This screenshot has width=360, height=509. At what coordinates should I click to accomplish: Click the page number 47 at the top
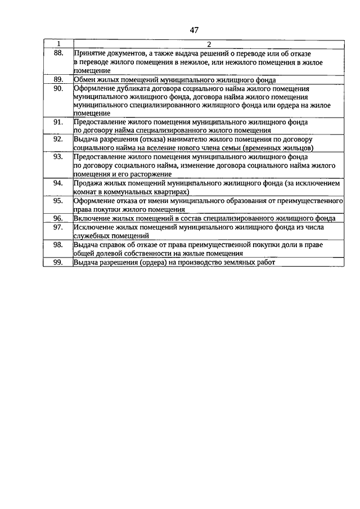(195, 30)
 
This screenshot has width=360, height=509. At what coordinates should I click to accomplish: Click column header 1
(58, 44)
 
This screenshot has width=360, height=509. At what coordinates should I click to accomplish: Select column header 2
(208, 44)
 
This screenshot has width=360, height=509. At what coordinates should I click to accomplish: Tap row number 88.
(58, 52)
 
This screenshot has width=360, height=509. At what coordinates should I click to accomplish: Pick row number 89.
(58, 80)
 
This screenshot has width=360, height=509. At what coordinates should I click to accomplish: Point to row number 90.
(58, 89)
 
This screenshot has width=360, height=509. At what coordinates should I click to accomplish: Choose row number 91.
(58, 121)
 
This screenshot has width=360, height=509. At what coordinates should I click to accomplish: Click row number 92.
(58, 138)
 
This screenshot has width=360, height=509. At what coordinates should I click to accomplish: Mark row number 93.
(58, 156)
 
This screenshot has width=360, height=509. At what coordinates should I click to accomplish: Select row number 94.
(58, 183)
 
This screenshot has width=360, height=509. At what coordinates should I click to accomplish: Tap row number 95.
(58, 200)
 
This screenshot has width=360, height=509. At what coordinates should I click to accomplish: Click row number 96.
(58, 218)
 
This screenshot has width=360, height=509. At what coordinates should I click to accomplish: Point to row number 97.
(58, 227)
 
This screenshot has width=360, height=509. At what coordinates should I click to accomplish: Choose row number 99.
(58, 262)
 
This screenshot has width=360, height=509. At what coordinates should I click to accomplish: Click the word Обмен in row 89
(85, 80)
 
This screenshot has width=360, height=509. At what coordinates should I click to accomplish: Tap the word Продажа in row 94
(89, 183)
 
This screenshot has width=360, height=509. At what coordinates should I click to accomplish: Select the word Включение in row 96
(92, 218)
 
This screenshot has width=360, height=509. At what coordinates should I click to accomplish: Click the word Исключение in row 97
(94, 227)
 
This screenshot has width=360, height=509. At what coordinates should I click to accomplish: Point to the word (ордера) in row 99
(149, 262)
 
